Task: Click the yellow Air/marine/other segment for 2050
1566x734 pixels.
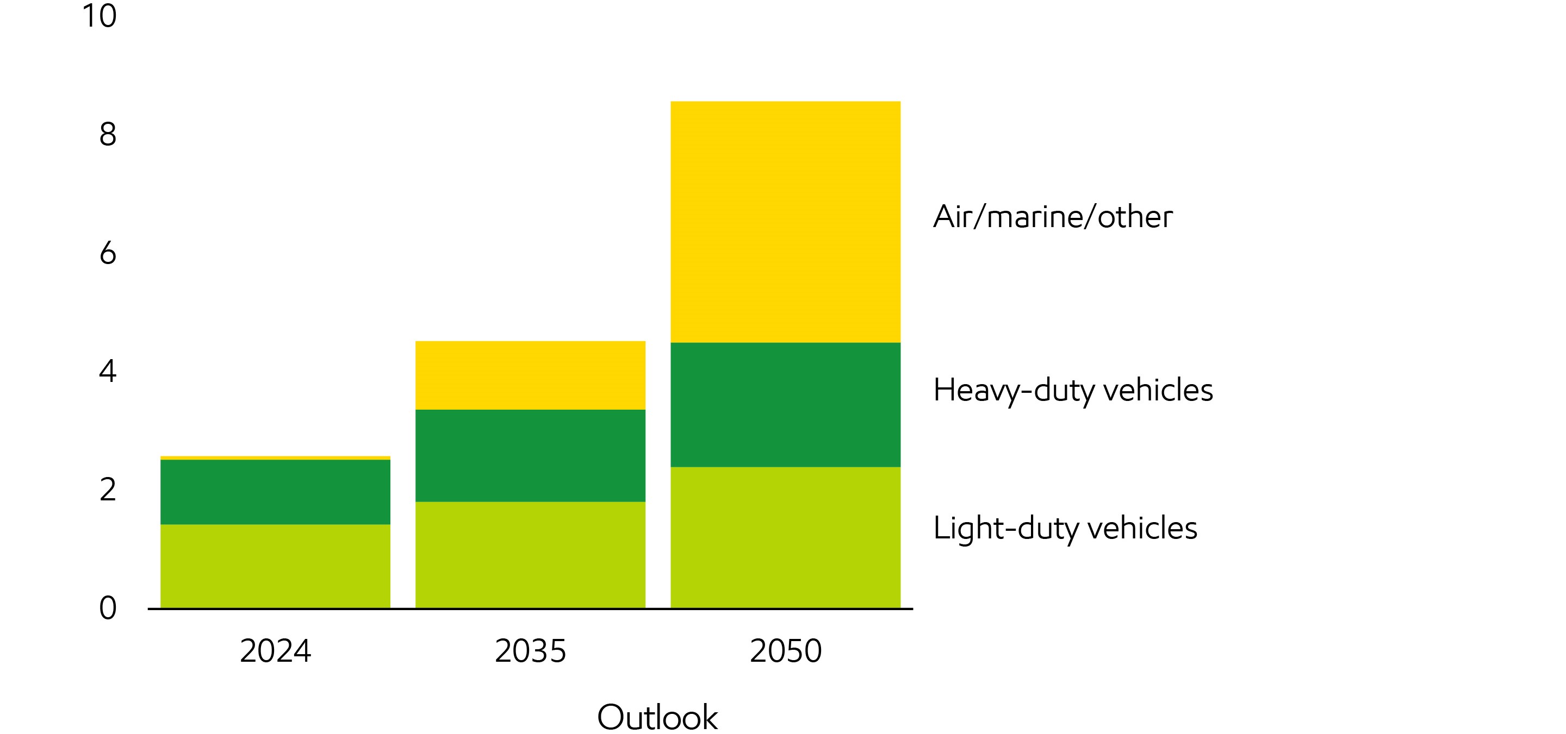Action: click(x=785, y=222)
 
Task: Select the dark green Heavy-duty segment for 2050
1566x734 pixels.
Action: click(x=785, y=405)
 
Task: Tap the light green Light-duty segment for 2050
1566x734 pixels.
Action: click(x=785, y=537)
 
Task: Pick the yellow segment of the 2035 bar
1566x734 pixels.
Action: click(x=530, y=375)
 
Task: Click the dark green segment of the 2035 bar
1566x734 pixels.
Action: click(x=530, y=456)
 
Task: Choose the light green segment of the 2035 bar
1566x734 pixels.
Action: click(x=530, y=555)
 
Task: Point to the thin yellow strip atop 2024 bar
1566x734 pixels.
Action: click(x=275, y=458)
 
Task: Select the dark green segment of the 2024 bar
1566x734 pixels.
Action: click(x=275, y=492)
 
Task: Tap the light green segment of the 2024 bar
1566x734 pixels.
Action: click(x=275, y=566)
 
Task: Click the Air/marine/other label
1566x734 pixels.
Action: click(x=1052, y=217)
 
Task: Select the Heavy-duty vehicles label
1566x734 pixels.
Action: click(x=1072, y=390)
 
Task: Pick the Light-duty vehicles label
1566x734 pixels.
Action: click(x=1065, y=528)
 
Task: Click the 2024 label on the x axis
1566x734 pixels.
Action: click(x=275, y=651)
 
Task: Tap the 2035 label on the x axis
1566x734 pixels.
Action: click(x=530, y=651)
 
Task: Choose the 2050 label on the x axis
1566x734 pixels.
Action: click(x=785, y=651)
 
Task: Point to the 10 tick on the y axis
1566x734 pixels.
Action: click(x=99, y=16)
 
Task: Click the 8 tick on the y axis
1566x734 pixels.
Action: click(x=108, y=134)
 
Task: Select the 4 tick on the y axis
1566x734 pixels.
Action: click(x=108, y=371)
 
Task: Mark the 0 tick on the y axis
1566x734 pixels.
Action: click(x=108, y=607)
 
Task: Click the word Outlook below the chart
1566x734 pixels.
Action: click(x=657, y=717)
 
